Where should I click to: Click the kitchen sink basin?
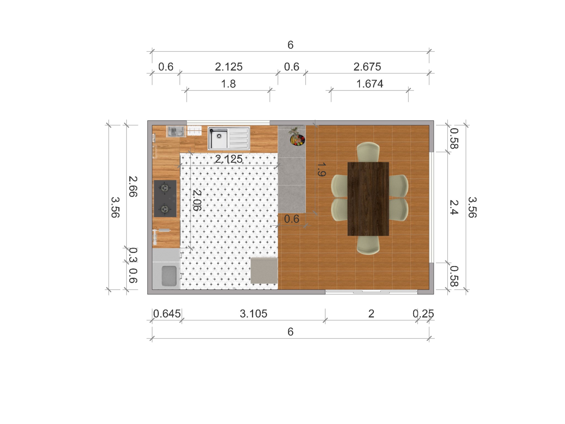(x=218, y=138)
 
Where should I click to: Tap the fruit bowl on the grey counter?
(x=297, y=139)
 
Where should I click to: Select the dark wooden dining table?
(x=368, y=199)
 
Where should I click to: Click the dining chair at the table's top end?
(x=368, y=152)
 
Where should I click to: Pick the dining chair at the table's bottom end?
(x=368, y=245)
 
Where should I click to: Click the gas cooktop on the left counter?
(x=165, y=199)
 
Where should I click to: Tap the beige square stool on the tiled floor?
(x=264, y=271)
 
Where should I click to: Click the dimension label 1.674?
(x=370, y=84)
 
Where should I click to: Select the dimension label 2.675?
(x=367, y=67)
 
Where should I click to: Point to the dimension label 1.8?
(x=228, y=84)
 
